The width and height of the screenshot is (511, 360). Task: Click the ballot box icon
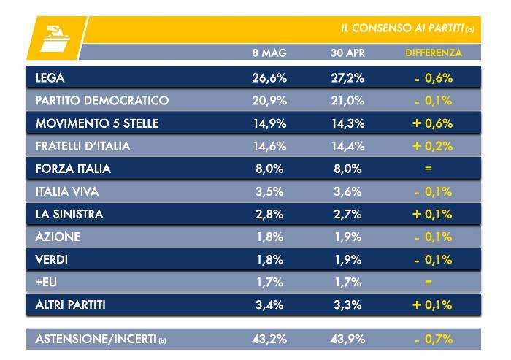coord(54,39)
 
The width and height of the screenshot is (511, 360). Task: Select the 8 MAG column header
coord(269,53)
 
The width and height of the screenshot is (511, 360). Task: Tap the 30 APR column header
coord(347,53)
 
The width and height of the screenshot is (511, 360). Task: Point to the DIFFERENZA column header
coord(434,53)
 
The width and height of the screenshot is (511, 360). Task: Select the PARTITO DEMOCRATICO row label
coord(101,100)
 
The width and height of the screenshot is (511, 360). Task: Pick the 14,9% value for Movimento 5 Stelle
coord(269,123)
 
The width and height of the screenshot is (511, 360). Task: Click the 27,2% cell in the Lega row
coord(347,77)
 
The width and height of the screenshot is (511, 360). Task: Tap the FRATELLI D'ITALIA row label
coord(82,146)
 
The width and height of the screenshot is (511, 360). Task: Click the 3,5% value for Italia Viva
coord(269,191)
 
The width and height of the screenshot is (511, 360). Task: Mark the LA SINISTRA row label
coord(69,214)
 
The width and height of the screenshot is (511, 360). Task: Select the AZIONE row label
coord(58,237)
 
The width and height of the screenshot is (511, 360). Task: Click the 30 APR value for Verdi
coord(347,259)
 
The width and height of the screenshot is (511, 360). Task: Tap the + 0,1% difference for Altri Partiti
coord(432,305)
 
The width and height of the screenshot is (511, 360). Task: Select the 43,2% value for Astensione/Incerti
coord(269,339)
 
